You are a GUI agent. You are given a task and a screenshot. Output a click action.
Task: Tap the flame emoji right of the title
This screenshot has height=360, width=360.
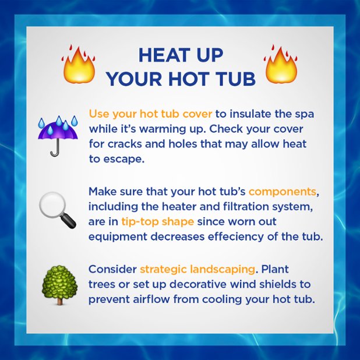pos(281,65)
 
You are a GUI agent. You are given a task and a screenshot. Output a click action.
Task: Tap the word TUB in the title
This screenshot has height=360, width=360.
pos(236,78)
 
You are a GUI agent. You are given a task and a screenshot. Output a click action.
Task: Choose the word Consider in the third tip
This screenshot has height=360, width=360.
pos(112,269)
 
